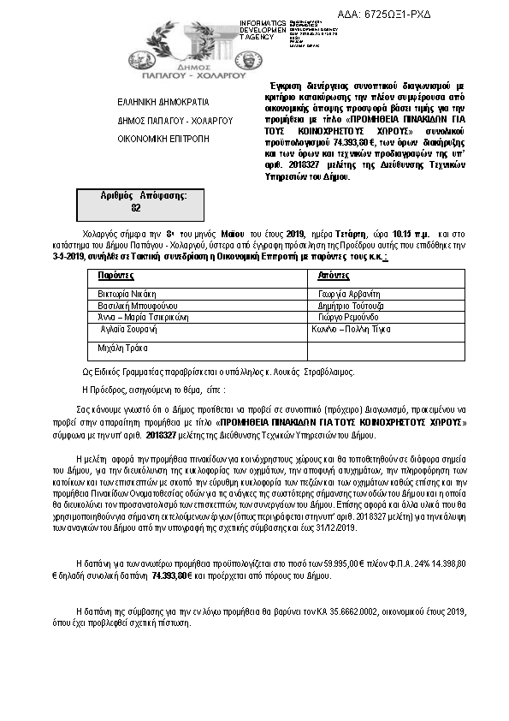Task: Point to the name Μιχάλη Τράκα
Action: tap(123, 349)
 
